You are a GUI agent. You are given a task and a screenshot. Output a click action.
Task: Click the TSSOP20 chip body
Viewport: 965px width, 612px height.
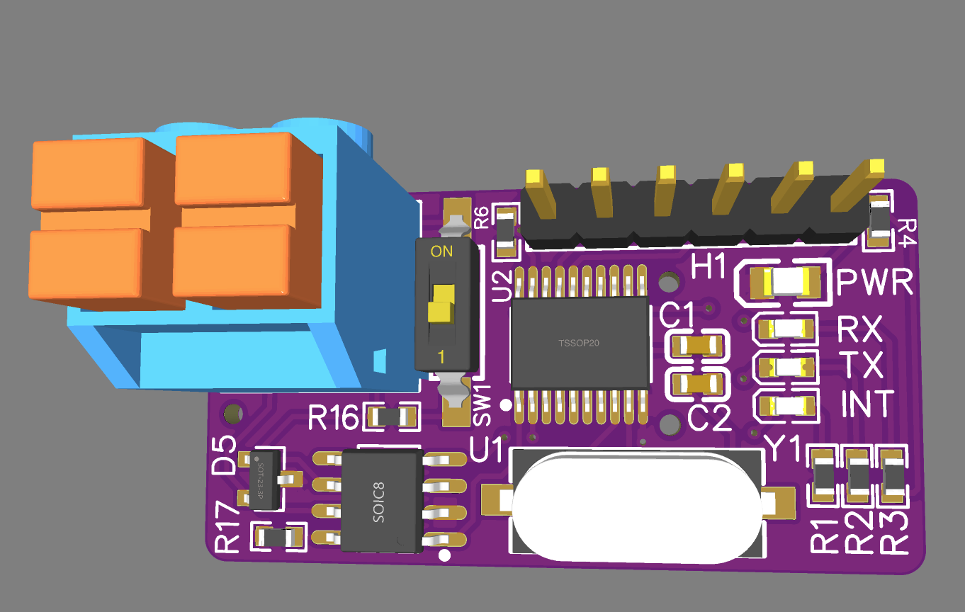click(580, 343)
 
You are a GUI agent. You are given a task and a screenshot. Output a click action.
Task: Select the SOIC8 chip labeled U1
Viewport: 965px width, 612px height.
click(382, 501)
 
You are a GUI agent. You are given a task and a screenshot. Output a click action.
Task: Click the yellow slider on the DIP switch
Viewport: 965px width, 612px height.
click(441, 303)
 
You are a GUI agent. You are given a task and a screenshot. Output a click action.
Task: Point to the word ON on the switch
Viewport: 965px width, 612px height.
click(441, 251)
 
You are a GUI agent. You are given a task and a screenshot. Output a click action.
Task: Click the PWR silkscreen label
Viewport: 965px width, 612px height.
click(875, 282)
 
